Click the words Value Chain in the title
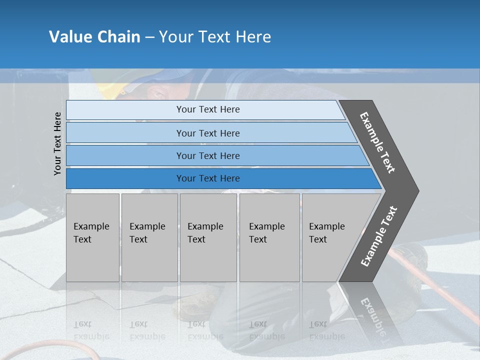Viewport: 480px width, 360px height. [x=94, y=37]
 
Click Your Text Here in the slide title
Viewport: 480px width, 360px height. [x=215, y=37]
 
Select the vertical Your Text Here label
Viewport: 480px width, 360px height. [x=57, y=143]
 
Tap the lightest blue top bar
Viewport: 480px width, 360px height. [x=207, y=110]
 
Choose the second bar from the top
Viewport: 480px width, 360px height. [x=207, y=133]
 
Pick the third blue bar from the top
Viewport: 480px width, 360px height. [x=207, y=155]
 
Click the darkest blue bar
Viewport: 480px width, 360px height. [x=207, y=178]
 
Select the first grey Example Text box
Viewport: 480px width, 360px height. [x=92, y=237]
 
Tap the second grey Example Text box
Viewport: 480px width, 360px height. [x=149, y=237]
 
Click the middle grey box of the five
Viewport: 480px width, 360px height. [x=208, y=237]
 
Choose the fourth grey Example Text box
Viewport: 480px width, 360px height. [x=269, y=237]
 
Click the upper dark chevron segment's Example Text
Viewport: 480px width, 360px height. [x=378, y=142]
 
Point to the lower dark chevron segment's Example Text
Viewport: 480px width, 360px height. [x=379, y=236]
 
